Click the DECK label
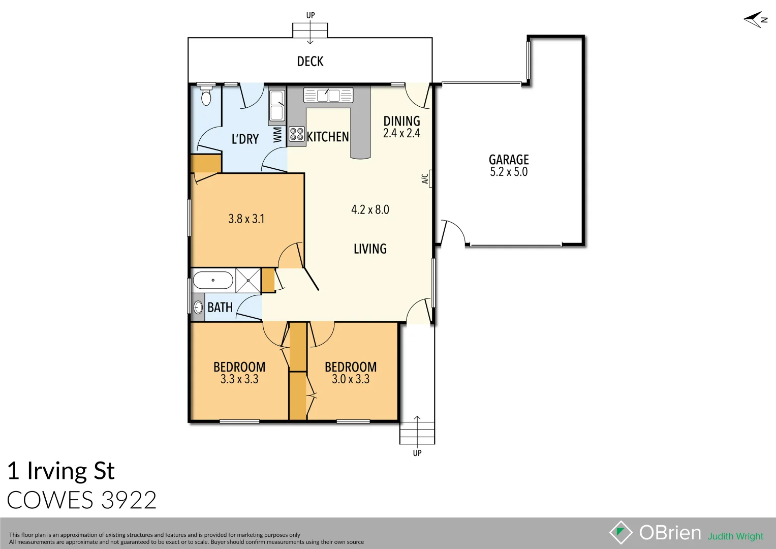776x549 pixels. (x=310, y=62)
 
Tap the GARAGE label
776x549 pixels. (x=509, y=160)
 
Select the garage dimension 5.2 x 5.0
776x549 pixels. (x=509, y=172)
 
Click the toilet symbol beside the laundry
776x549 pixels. (x=206, y=96)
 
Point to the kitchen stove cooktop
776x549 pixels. (x=297, y=134)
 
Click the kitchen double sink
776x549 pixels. (x=328, y=95)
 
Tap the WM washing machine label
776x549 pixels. (x=277, y=135)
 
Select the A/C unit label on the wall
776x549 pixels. (x=425, y=178)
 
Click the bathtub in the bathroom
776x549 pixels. (x=213, y=280)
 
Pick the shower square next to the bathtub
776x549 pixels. (x=248, y=280)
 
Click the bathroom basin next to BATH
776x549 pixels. (x=198, y=307)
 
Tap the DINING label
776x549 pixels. (x=401, y=121)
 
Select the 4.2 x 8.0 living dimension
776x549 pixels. (x=370, y=209)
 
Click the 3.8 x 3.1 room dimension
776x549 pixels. (x=246, y=219)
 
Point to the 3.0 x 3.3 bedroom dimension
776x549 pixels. (x=351, y=379)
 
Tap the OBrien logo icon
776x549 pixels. (x=620, y=532)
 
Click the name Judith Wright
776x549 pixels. (x=735, y=536)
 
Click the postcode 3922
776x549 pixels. (x=129, y=500)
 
